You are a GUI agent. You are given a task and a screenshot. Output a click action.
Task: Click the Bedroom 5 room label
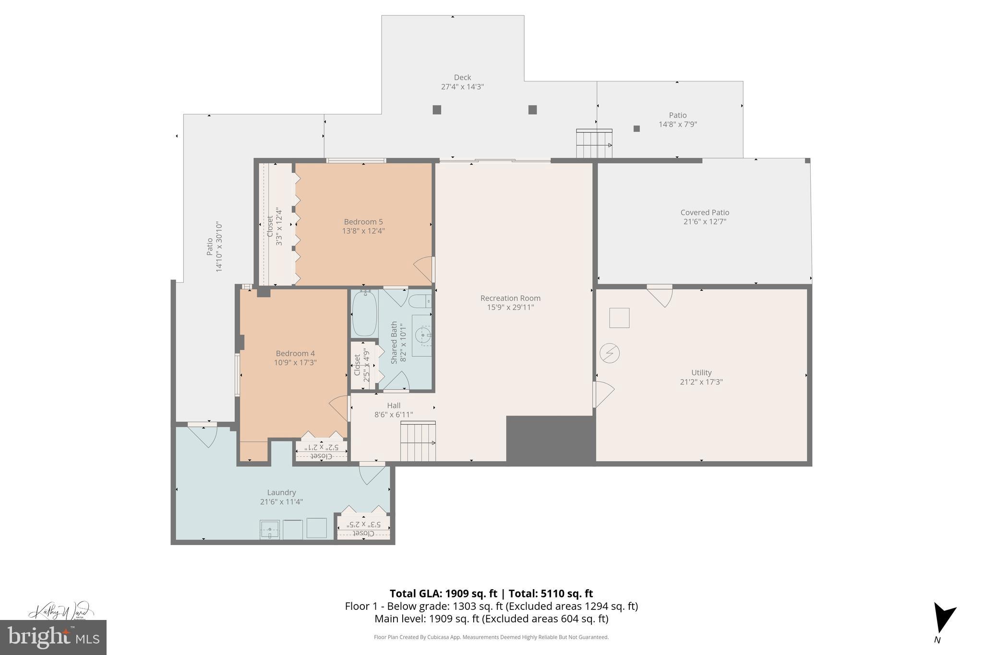(363, 222)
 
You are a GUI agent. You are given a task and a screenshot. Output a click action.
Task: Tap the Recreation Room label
(510, 298)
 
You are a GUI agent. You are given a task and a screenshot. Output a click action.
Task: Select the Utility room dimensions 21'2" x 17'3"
(701, 382)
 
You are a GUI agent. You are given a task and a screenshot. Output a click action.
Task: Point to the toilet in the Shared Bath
(419, 301)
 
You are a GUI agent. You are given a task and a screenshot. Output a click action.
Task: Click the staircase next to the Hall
(418, 441)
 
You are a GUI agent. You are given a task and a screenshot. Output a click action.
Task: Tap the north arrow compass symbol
(943, 624)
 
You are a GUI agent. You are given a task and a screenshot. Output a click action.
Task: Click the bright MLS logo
(53, 637)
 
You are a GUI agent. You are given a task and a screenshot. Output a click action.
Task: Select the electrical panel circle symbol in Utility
(610, 354)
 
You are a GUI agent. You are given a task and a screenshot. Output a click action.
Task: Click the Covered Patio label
(705, 213)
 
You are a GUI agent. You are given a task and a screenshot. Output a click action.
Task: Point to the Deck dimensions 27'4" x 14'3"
(462, 87)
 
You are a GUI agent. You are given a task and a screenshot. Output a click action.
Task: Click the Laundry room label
(281, 492)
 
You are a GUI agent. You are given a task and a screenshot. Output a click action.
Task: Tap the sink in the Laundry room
(270, 529)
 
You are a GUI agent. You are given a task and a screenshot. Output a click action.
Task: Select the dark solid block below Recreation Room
(551, 439)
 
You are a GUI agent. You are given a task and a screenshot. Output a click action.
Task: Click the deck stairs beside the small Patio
(594, 144)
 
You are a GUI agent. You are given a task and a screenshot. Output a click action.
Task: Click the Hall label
(394, 405)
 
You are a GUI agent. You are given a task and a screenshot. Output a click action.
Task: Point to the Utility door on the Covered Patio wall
(659, 295)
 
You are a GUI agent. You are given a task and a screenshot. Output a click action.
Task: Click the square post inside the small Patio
(636, 129)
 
